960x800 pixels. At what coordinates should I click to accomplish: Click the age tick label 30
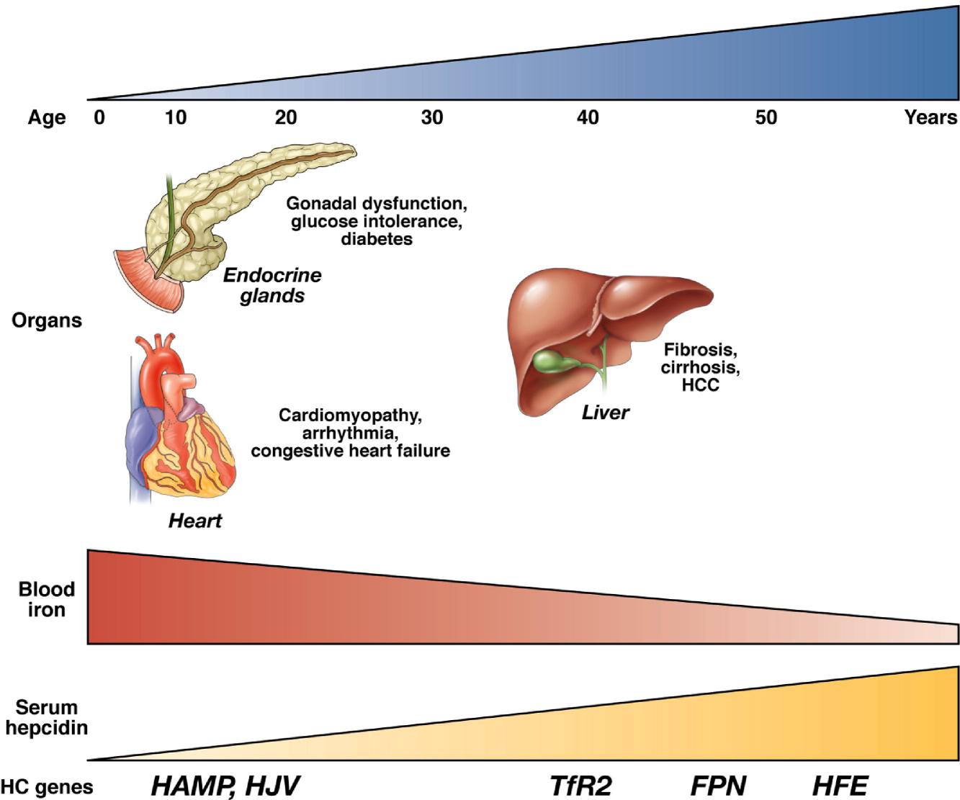431,117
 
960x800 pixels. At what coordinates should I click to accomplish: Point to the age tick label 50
766,117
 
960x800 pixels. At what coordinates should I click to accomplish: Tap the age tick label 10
176,117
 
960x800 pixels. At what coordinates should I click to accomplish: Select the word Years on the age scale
931,117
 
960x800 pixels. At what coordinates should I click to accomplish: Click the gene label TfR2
580,786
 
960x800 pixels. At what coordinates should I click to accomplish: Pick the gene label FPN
718,786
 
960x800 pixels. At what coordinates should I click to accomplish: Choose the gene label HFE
840,786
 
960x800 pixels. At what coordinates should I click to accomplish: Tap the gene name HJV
272,786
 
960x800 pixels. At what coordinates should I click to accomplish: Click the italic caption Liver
606,413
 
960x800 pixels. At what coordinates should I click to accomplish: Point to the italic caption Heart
195,521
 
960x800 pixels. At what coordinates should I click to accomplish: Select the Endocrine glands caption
272,285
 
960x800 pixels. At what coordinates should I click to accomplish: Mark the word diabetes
377,239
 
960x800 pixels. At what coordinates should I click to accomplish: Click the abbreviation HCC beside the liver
700,385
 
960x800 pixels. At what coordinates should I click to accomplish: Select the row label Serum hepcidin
46,717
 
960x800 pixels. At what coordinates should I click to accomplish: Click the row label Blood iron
46,599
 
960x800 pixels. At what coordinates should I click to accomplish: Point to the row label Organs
47,320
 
